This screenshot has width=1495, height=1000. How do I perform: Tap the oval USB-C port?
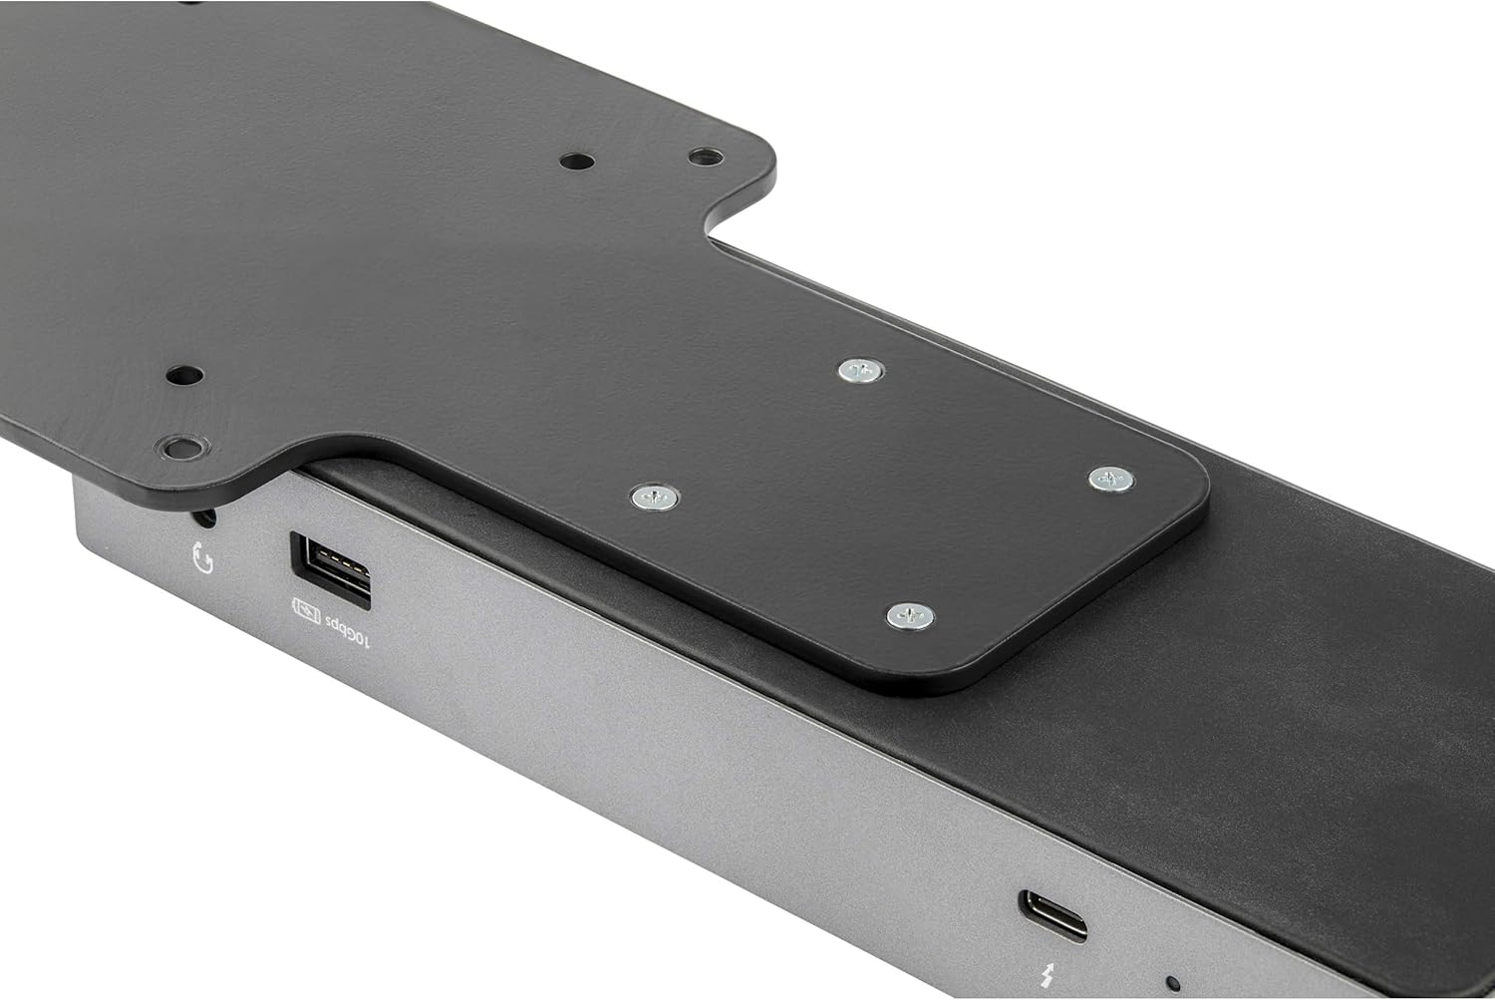1052,915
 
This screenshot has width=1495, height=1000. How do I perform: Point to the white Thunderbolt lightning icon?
1046,976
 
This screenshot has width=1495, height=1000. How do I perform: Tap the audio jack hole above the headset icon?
206,517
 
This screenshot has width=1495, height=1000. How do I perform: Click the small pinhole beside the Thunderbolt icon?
1173,983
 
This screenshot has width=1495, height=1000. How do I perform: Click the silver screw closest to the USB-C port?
910,616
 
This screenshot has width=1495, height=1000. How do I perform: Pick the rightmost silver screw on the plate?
1110,479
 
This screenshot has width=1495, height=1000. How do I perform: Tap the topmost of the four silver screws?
860,371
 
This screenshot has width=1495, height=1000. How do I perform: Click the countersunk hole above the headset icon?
180,446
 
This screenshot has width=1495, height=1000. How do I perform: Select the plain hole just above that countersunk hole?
184,376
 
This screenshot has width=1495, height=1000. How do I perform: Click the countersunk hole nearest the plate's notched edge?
706,157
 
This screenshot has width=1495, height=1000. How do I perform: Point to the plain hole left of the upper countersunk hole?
576,161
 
